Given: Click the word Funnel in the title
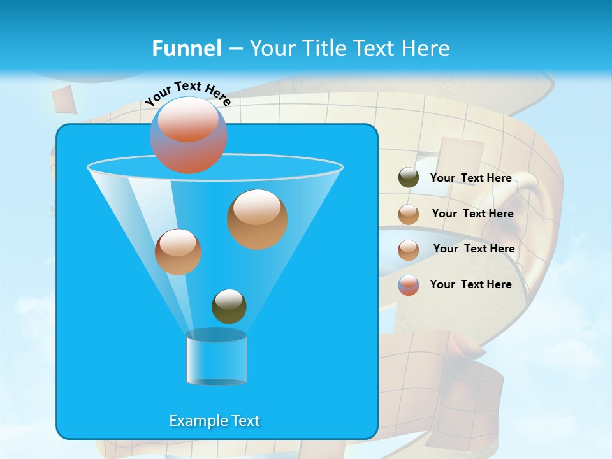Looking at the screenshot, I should tap(187, 48).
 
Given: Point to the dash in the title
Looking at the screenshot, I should tap(235, 48).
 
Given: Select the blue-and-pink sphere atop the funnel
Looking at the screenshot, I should tap(189, 135).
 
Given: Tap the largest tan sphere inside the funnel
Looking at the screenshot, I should tap(257, 219).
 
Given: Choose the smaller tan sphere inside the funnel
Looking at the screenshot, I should tap(178, 251).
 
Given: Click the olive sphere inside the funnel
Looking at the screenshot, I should tap(229, 306).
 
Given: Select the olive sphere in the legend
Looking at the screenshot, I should tap(409, 178).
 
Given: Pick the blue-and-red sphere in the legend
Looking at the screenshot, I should tap(409, 285).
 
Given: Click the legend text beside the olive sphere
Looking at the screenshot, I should tap(470, 178).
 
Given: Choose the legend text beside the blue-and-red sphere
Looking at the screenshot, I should tap(470, 284).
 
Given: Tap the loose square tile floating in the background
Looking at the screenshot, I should tap(64, 99).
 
